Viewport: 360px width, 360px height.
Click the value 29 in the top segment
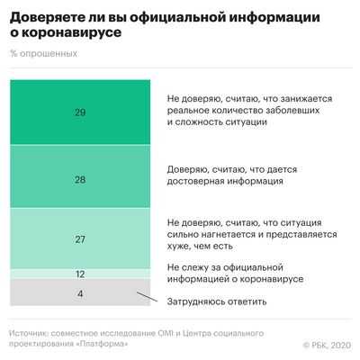tap(80, 112)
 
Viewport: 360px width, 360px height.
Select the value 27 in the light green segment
tap(80, 239)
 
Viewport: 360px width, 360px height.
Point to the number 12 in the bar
tap(80, 274)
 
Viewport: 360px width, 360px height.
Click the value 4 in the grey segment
tap(80, 293)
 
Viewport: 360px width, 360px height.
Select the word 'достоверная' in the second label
tap(197, 181)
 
